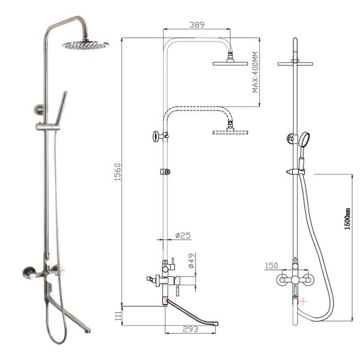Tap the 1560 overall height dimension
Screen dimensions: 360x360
[x=118, y=173]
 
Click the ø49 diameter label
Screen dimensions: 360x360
[x=191, y=261]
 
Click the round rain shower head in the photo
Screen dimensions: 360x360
[x=85, y=44]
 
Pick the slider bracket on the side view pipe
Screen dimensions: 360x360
[x=165, y=172]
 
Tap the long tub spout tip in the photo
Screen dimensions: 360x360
[x=88, y=329]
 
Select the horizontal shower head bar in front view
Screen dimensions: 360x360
[x=295, y=62]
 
